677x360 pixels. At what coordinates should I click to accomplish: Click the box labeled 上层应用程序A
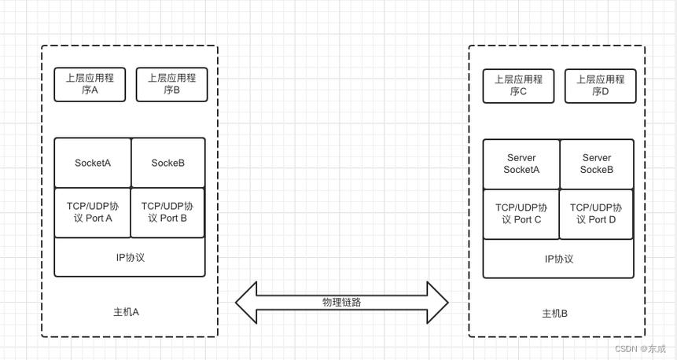[x=90, y=85]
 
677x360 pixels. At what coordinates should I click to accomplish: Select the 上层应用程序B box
[x=171, y=85]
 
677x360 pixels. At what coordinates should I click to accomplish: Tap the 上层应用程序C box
[x=518, y=86]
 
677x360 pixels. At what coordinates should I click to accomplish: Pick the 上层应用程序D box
[x=600, y=86]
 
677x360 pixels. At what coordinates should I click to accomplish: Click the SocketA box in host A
[x=93, y=163]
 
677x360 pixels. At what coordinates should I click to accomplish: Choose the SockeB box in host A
[x=167, y=163]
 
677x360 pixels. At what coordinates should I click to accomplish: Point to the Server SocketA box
[x=521, y=164]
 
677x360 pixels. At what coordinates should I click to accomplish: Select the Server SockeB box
[x=597, y=164]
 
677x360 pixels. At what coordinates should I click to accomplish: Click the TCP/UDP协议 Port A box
[x=93, y=212]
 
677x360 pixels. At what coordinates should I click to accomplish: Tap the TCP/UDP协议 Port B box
[x=167, y=212]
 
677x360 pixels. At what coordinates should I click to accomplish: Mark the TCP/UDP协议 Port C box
[x=521, y=214]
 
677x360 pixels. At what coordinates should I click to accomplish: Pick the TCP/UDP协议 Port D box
[x=597, y=214]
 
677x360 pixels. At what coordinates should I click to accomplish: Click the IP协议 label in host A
[x=131, y=257]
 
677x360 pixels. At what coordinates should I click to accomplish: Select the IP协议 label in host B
[x=559, y=259]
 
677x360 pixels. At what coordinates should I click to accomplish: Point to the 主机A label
[x=126, y=312]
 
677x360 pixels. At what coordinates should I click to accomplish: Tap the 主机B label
[x=554, y=314]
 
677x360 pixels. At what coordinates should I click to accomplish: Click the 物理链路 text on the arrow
[x=342, y=302]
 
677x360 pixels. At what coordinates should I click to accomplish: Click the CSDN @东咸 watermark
[x=639, y=348]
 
